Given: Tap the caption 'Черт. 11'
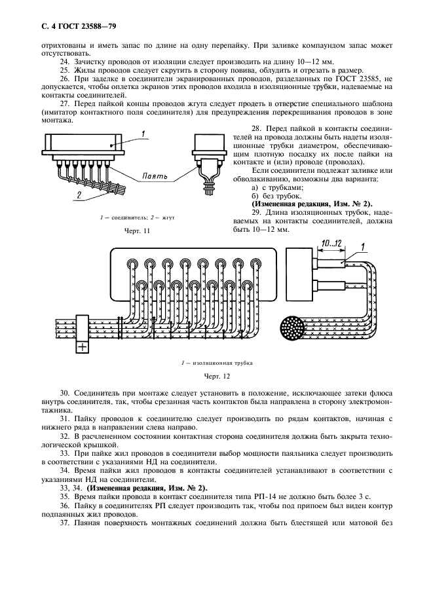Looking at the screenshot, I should point(137,231).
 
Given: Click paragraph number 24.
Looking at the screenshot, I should point(64,60).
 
